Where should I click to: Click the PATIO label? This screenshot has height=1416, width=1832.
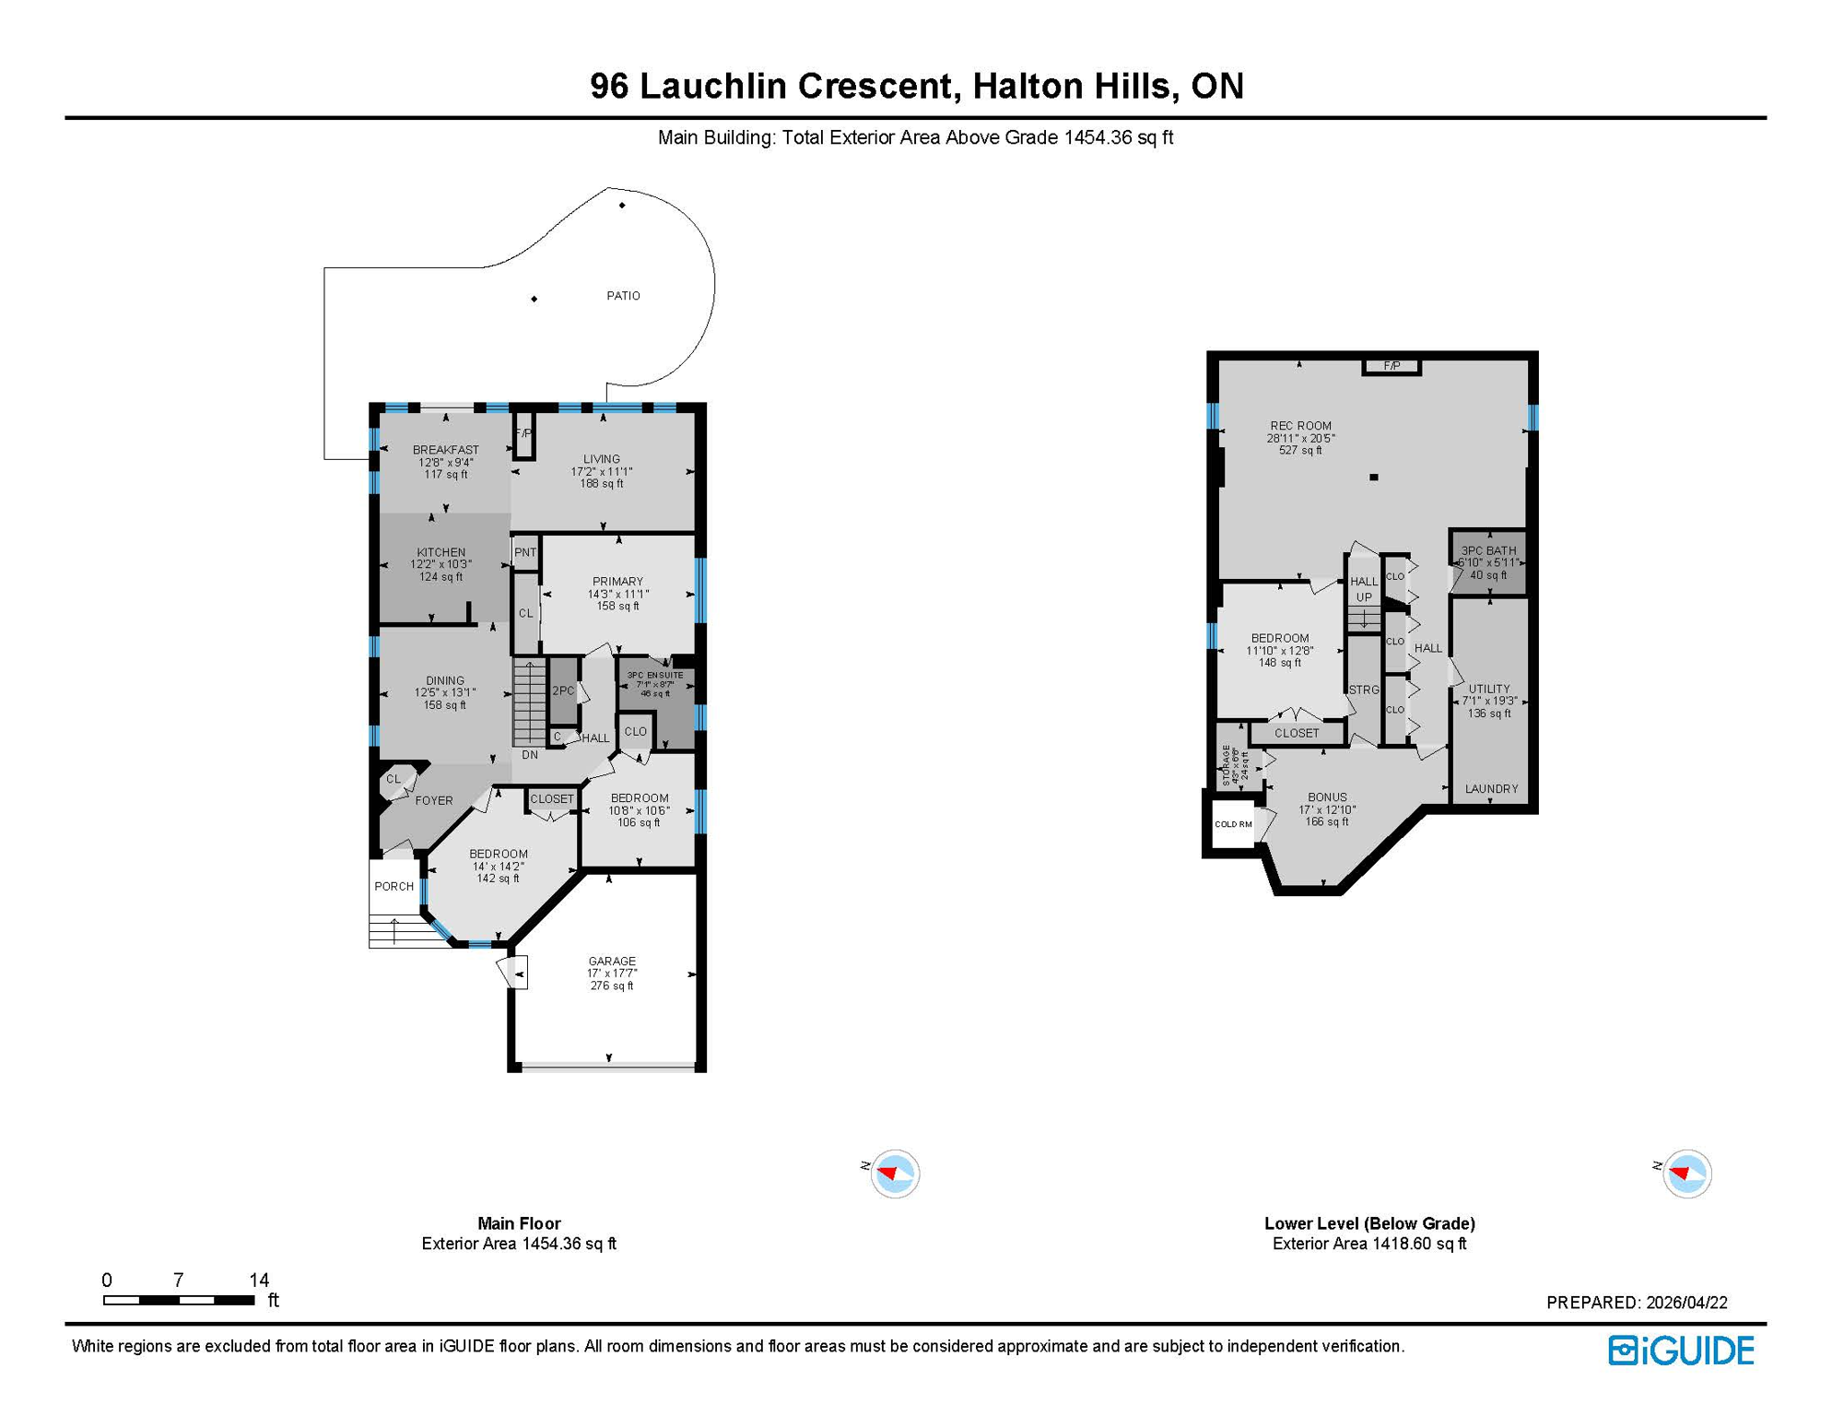click(x=623, y=296)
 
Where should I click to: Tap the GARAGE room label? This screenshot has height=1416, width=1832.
click(x=612, y=961)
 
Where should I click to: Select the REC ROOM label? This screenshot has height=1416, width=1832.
click(x=1300, y=426)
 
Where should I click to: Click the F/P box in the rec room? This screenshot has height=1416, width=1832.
click(x=1392, y=367)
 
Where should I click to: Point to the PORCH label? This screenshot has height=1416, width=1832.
click(x=393, y=886)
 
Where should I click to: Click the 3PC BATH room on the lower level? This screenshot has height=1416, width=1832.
click(x=1487, y=562)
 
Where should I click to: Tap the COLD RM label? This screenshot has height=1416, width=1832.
click(x=1232, y=824)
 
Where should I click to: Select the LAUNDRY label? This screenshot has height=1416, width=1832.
click(x=1491, y=789)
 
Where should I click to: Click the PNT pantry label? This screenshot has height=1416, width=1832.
click(x=525, y=552)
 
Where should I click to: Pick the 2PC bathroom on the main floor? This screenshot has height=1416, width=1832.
click(x=563, y=690)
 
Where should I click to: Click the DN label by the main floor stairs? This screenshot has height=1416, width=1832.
click(x=530, y=755)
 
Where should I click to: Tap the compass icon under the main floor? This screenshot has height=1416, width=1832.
click(x=894, y=1174)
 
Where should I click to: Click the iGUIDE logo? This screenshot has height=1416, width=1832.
click(x=1681, y=1351)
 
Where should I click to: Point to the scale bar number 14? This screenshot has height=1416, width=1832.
click(x=259, y=1280)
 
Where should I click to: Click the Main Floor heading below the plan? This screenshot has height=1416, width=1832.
click(x=519, y=1223)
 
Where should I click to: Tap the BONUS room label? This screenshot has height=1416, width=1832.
click(x=1327, y=797)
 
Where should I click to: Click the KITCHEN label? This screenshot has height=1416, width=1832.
click(x=440, y=552)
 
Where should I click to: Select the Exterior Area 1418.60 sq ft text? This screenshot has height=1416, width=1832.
click(x=1369, y=1244)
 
